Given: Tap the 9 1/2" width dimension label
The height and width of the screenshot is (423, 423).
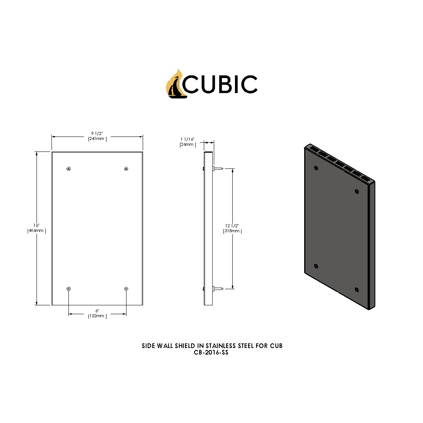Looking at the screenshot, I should (x=97, y=133).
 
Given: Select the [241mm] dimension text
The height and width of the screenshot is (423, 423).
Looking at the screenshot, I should (x=97, y=138).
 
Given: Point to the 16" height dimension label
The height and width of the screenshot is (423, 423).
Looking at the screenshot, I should (x=36, y=225).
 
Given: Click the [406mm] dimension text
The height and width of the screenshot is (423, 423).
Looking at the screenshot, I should (x=36, y=231).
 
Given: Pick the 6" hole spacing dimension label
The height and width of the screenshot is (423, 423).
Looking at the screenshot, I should (x=97, y=310).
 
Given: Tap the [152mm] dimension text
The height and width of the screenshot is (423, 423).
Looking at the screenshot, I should (x=97, y=316).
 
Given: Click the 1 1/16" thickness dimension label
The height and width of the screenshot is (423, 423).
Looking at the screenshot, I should (x=188, y=139).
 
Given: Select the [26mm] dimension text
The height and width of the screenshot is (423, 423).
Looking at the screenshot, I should (x=188, y=145).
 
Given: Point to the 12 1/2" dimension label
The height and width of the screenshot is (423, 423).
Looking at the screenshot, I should (x=232, y=226).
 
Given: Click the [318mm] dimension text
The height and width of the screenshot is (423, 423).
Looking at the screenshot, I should (x=232, y=231).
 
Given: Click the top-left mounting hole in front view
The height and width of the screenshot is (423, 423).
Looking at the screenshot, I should (x=68, y=169).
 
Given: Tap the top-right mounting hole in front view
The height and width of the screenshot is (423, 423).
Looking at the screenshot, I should (x=126, y=169).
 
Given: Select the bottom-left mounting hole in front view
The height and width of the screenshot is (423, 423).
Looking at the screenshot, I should (x=68, y=289).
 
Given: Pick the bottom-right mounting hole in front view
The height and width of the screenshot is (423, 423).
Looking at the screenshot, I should (x=126, y=289).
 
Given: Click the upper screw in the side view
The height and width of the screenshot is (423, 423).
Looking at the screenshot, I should (x=218, y=168).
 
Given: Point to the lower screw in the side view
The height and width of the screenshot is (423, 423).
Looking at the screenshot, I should (x=218, y=288).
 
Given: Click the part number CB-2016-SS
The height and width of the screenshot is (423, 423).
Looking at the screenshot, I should (x=211, y=353).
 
